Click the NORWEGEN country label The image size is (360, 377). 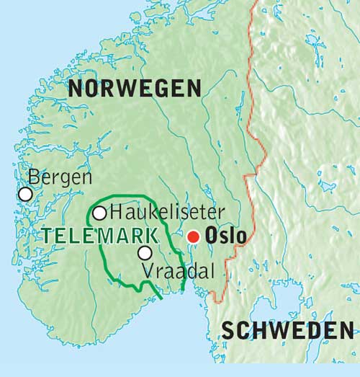135,89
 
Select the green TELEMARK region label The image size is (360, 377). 100,235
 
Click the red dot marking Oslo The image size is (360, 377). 193,236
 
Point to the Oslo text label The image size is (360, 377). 226,236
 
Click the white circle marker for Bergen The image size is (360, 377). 25,194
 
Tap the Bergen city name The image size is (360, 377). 60,177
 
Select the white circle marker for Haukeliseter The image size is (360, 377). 99,213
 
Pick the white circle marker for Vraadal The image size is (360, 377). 145,252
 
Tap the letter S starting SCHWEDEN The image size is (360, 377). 228,331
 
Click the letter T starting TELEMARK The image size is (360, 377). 47,235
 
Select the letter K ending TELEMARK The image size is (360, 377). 152,235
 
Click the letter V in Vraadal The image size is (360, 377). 148,272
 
